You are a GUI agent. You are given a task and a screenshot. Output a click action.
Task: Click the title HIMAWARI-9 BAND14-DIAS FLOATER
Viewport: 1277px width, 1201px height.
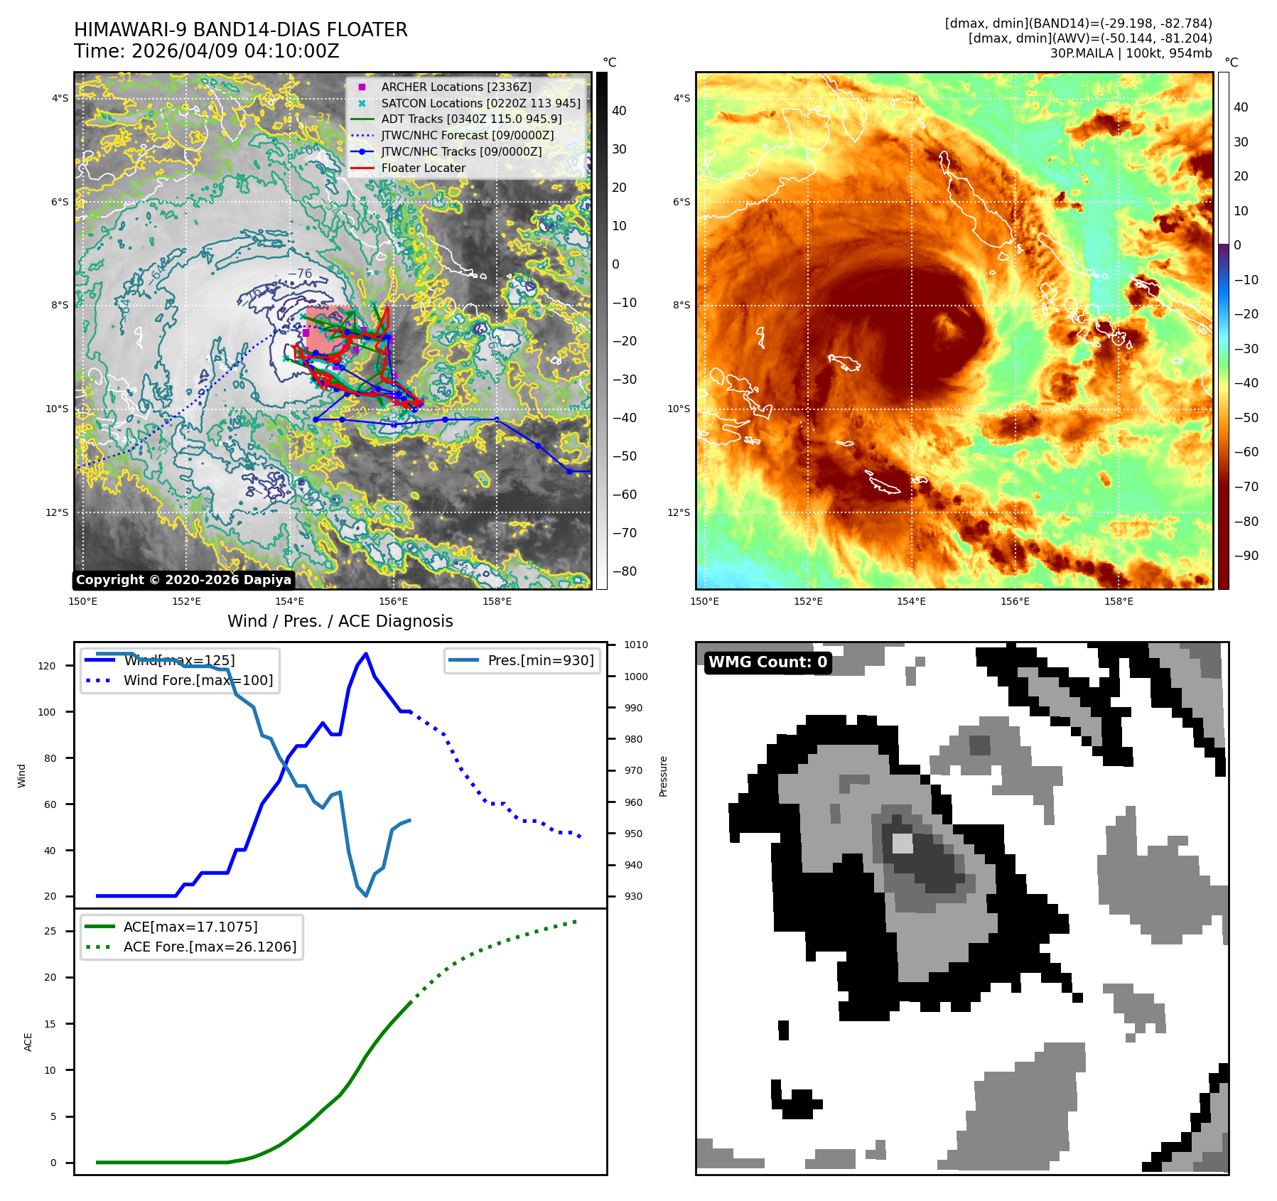[x=240, y=30]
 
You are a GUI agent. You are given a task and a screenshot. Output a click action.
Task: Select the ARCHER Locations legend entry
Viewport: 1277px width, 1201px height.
[x=456, y=87]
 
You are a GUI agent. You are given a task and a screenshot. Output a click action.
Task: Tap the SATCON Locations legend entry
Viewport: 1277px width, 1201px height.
[x=480, y=103]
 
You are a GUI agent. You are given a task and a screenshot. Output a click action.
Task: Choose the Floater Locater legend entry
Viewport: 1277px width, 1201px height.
[x=423, y=168]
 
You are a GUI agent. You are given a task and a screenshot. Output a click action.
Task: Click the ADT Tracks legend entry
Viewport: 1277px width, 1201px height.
[x=471, y=119]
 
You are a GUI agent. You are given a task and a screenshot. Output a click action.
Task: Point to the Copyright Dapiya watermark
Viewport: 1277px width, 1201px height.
[x=183, y=580]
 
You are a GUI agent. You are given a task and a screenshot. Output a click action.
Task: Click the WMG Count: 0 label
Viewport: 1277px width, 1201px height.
[x=767, y=662]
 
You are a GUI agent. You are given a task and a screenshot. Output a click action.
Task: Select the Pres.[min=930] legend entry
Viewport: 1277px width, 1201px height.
[x=540, y=660]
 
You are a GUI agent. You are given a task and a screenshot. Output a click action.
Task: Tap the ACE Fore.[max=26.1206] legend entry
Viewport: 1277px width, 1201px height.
[x=210, y=947]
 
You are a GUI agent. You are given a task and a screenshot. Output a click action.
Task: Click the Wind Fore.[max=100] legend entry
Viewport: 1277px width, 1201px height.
[x=198, y=680]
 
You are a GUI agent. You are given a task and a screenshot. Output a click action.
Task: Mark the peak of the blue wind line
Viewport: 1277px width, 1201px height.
[x=366, y=654]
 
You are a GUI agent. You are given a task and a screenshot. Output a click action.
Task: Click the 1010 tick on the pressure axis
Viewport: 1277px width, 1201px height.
[x=636, y=645]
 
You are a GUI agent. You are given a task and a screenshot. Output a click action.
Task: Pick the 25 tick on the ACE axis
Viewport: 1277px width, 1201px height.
[x=50, y=931]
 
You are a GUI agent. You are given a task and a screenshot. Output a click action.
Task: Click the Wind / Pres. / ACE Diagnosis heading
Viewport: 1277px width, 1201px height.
[x=340, y=621]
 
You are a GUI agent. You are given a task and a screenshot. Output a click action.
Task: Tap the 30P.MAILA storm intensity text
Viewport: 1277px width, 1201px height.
[x=1131, y=53]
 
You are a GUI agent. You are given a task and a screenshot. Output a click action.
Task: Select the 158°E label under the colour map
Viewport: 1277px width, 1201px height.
[x=1119, y=602]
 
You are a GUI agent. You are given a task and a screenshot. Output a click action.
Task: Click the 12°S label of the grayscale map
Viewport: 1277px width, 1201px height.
[x=58, y=512]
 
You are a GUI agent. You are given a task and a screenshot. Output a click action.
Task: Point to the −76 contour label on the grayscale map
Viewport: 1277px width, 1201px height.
[x=299, y=274]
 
